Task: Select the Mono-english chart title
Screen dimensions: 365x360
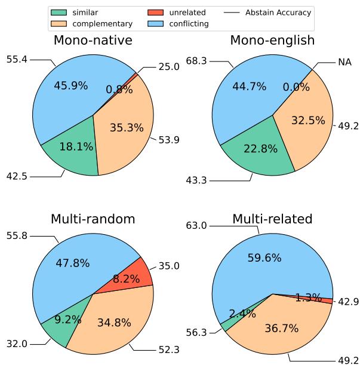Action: click(272, 41)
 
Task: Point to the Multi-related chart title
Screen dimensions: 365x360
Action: click(272, 219)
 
